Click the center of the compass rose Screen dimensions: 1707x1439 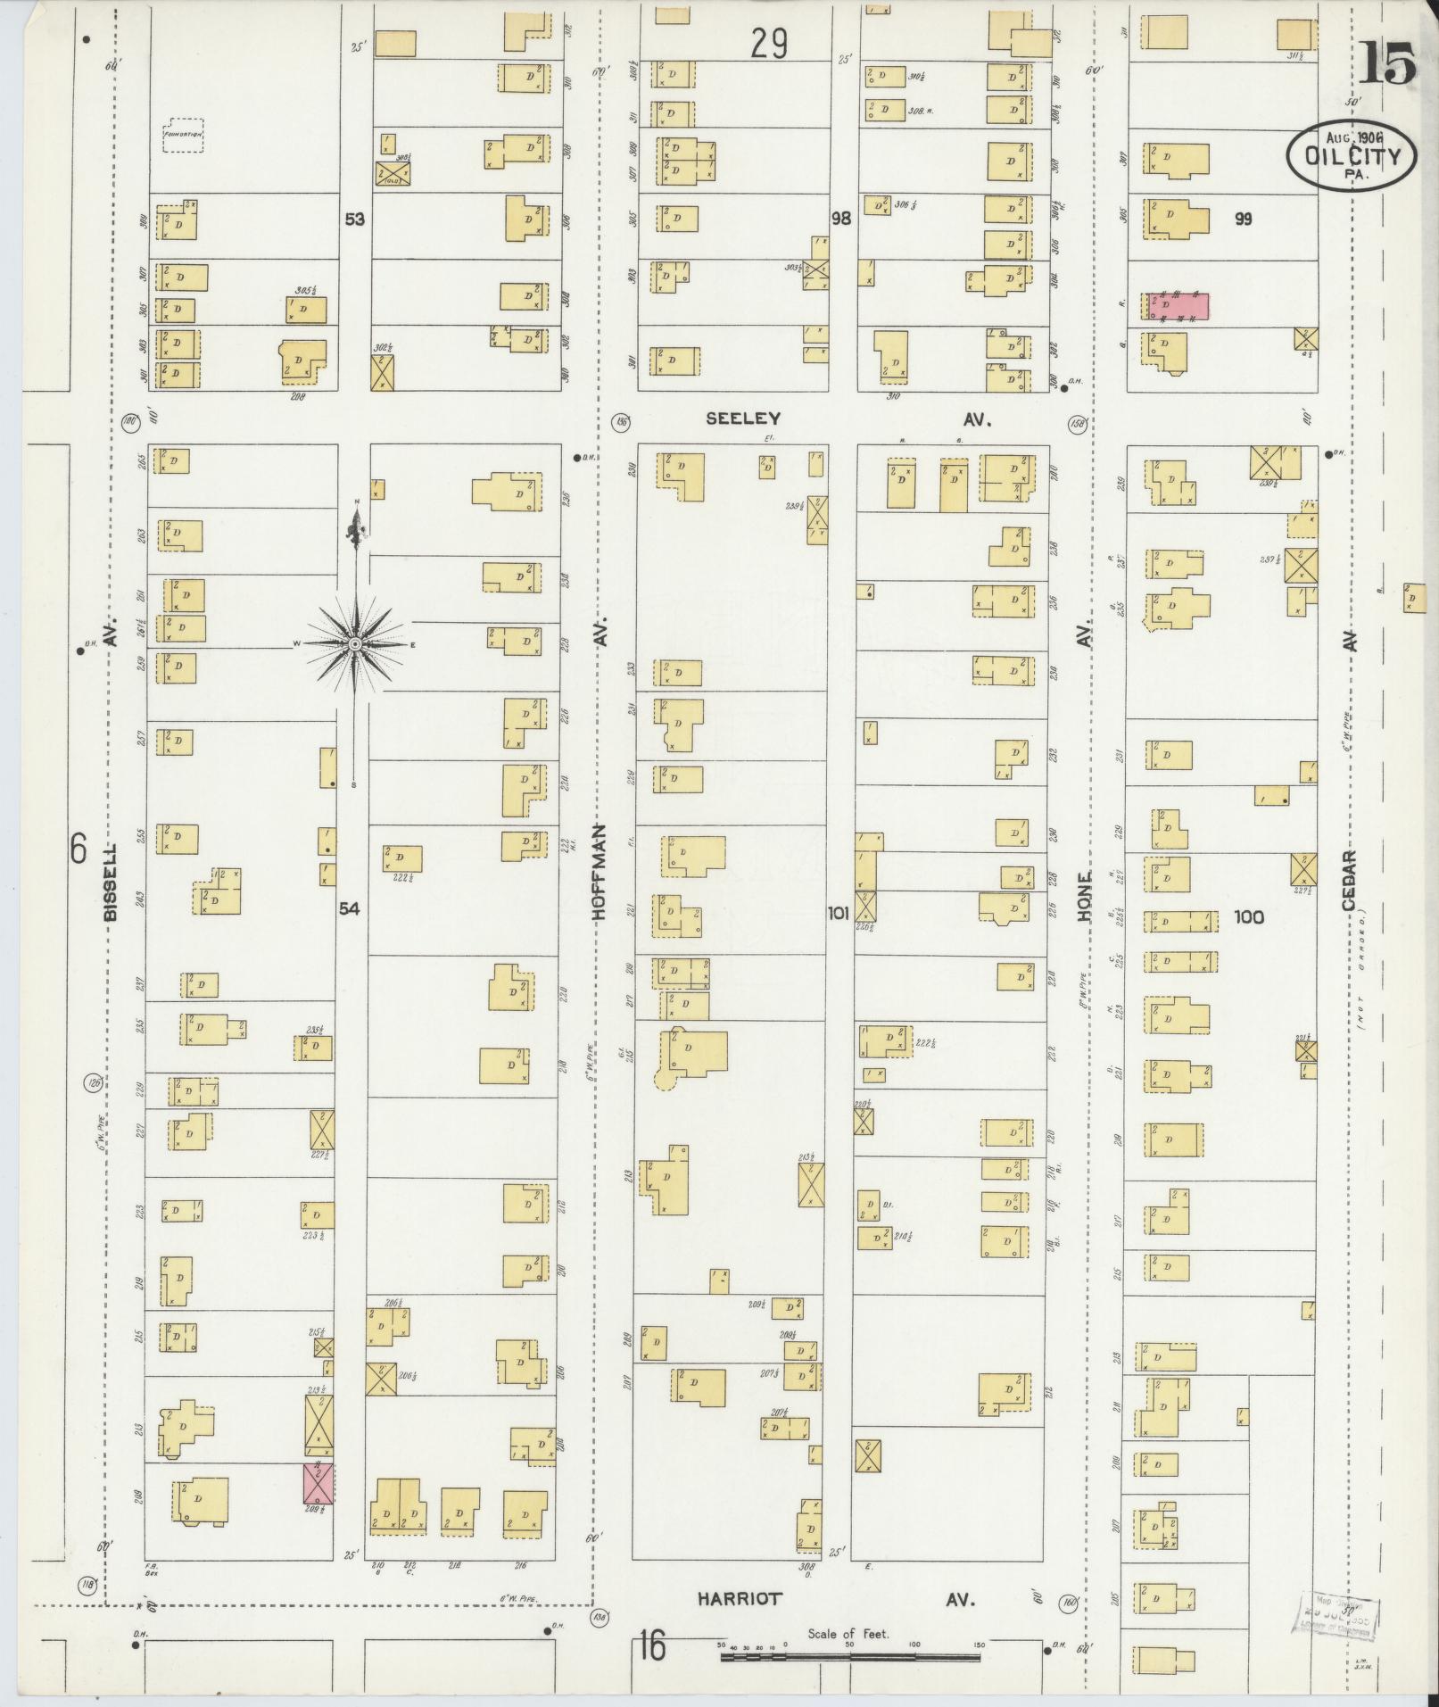tap(356, 643)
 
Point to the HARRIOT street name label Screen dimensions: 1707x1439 tap(740, 1598)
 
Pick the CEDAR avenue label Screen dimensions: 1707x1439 tap(1347, 880)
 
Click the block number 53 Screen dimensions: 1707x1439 tap(355, 219)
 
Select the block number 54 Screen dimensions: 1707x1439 tap(349, 908)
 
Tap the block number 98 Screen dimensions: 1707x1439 tap(841, 219)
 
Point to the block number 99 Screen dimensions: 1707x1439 tap(1243, 219)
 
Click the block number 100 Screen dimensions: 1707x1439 tap(1247, 916)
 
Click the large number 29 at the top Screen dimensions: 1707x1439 tap(769, 43)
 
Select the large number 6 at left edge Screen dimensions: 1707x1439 tap(79, 848)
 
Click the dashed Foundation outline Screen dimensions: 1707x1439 tap(183, 136)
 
